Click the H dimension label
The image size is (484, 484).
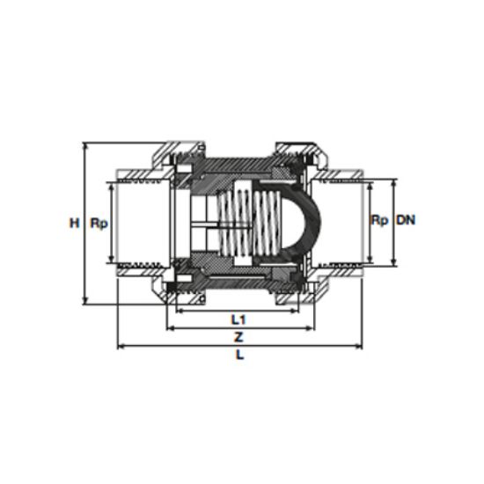click(x=75, y=223)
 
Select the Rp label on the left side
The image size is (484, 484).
click(x=99, y=224)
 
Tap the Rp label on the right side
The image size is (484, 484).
click(x=379, y=220)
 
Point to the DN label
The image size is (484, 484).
click(x=406, y=220)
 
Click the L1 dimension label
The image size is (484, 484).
click(x=238, y=319)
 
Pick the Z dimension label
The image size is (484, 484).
click(x=238, y=337)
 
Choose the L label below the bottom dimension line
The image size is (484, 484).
click(x=240, y=355)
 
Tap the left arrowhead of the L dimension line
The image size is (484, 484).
click(x=121, y=347)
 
